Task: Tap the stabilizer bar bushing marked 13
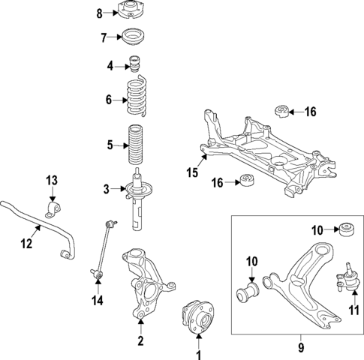click(x=53, y=205)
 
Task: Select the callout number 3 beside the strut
click(x=107, y=187)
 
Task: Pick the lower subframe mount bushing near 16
click(x=244, y=181)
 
